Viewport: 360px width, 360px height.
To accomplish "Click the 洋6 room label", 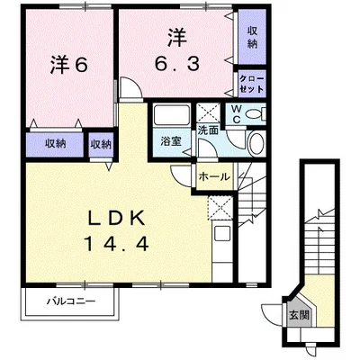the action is pos(68,65).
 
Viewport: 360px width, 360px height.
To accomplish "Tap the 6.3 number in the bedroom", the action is pos(176,64).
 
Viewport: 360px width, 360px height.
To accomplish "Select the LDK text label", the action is pos(116,218).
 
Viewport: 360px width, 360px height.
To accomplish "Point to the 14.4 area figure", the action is pos(117,243).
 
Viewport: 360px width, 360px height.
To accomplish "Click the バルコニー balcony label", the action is pos(71,301).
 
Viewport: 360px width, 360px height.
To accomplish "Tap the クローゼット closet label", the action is pos(252,84).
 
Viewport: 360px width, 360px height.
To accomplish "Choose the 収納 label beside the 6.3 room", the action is pos(252,37).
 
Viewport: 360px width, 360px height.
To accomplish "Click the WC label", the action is pos(236,114).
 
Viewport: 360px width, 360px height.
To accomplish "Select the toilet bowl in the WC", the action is pos(254,114).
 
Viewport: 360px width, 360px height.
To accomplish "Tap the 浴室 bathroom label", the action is pos(171,141).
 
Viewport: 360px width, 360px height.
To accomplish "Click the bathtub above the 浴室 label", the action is pos(171,114).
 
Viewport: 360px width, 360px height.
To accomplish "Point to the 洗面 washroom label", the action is pos(208,130).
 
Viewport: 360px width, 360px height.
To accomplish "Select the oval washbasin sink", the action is pos(256,143).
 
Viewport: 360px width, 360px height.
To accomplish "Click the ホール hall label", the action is pos(214,177).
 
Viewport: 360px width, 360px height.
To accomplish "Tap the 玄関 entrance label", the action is pos(299,315).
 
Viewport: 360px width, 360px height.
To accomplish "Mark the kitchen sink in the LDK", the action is pos(221,233).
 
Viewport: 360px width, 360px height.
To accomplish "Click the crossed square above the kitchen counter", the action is pos(220,207).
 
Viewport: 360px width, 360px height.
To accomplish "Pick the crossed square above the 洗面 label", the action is pos(208,112).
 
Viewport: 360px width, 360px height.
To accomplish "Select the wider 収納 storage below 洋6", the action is pos(55,144).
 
